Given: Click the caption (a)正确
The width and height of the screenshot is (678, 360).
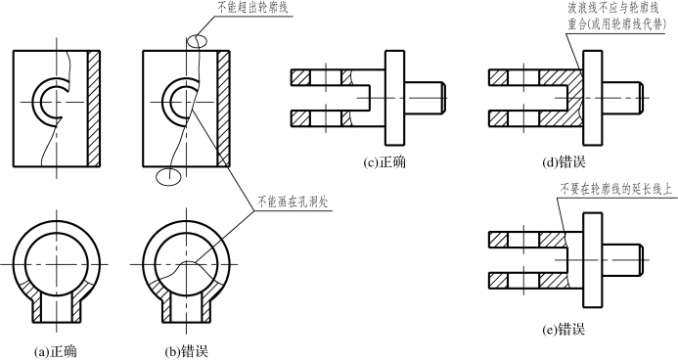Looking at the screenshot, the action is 56,351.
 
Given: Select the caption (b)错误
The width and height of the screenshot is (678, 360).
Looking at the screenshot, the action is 187,351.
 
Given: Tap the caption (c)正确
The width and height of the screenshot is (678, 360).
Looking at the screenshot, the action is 384,162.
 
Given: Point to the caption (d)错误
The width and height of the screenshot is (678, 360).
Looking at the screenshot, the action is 564,162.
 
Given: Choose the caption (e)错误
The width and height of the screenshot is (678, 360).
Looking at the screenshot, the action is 564,330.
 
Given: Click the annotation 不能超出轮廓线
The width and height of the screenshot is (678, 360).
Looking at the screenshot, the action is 252,8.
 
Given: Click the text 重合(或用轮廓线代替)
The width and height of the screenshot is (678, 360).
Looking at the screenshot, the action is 617,24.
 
